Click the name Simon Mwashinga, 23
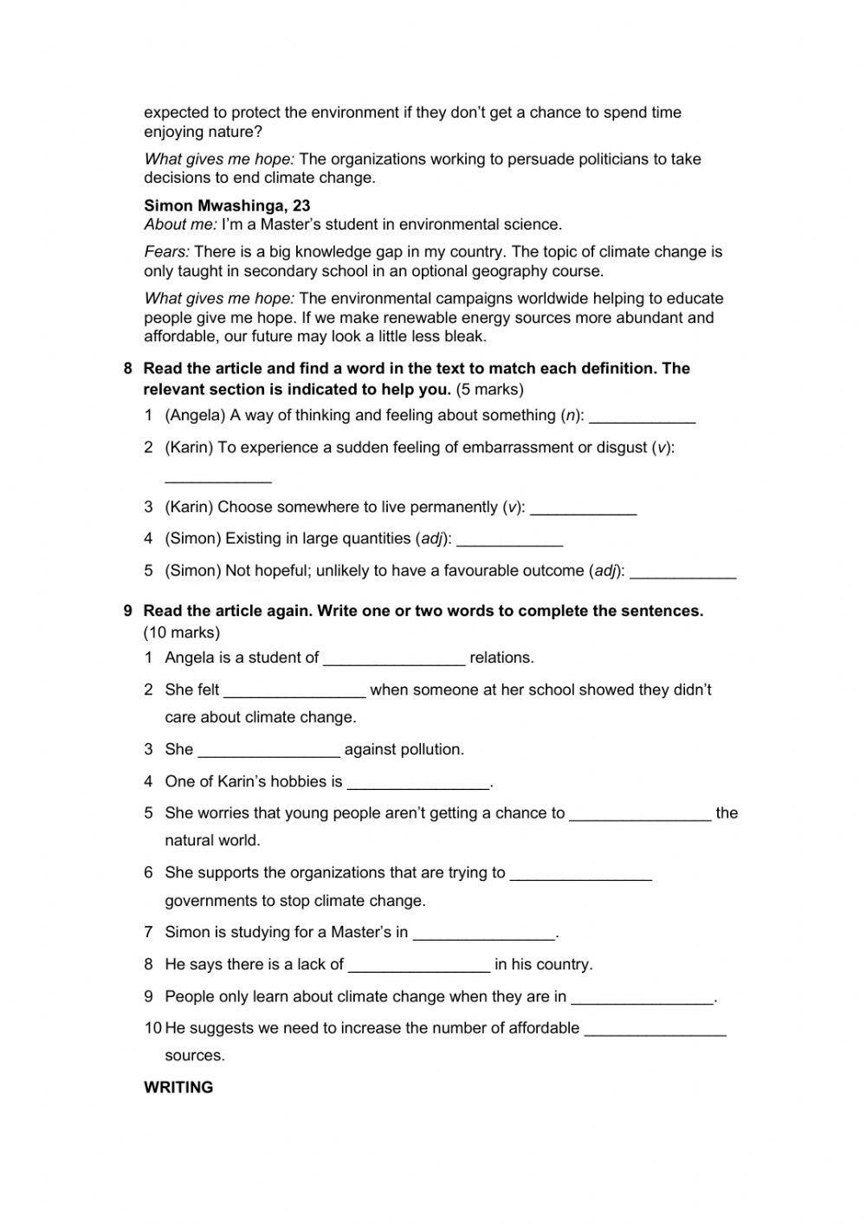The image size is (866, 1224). click(227, 205)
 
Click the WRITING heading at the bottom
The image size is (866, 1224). click(178, 1087)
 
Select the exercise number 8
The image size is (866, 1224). click(128, 368)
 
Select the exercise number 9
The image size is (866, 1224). click(128, 611)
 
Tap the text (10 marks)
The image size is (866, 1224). click(182, 632)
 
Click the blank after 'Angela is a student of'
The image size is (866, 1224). click(394, 659)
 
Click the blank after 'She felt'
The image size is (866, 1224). click(294, 691)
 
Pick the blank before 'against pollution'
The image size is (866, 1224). click(268, 751)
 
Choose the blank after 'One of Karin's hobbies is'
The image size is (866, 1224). click(418, 783)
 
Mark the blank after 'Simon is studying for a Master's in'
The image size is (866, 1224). click(484, 934)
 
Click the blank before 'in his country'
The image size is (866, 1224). click(419, 966)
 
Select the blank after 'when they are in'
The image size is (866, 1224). click(643, 998)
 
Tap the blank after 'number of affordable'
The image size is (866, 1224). click(656, 1030)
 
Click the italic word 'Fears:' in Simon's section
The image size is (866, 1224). click(166, 252)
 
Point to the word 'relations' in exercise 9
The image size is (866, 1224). click(501, 657)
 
